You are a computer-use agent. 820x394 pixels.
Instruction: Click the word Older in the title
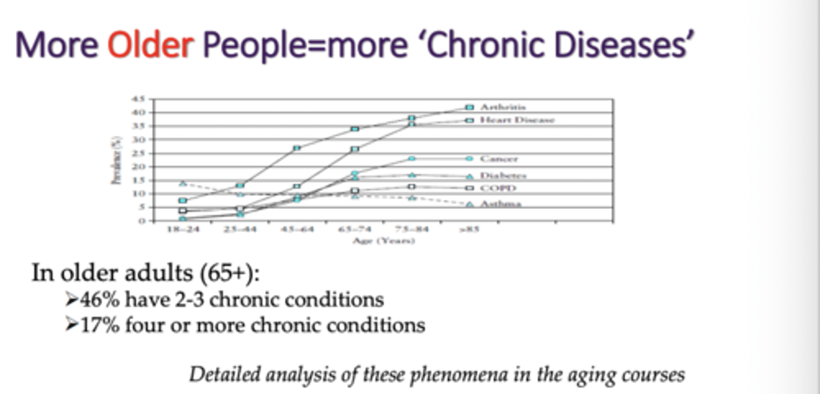[x=150, y=45]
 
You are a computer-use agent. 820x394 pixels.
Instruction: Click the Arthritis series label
[x=503, y=107]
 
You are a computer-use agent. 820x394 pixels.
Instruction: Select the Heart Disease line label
[x=517, y=120]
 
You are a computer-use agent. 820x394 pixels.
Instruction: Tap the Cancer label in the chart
[x=499, y=159]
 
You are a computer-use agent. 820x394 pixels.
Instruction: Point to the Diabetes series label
[x=503, y=176]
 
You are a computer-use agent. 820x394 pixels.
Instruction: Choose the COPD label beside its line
[x=498, y=188]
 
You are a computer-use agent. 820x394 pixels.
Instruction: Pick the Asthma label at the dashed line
[x=501, y=204]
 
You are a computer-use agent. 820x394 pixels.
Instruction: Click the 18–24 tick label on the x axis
[x=182, y=230]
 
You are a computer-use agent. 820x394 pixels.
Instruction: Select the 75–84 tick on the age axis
[x=412, y=230]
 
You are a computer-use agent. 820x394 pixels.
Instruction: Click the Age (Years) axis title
[x=383, y=241]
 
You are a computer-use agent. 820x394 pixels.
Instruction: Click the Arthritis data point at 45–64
[x=297, y=148]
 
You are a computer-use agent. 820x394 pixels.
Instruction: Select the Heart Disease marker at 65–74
[x=355, y=149]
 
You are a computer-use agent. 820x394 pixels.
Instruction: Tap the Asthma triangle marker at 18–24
[x=182, y=183]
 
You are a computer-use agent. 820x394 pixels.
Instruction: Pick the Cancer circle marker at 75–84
[x=412, y=159]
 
